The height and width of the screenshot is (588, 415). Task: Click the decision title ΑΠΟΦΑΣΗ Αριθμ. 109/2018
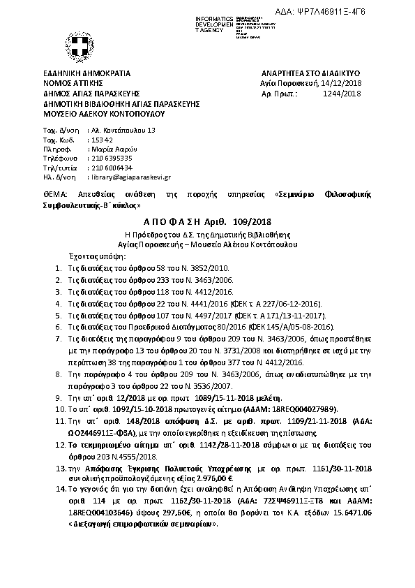[207, 221]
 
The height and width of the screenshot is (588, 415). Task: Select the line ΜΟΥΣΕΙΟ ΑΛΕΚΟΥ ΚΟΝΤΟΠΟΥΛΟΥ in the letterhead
[103, 112]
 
